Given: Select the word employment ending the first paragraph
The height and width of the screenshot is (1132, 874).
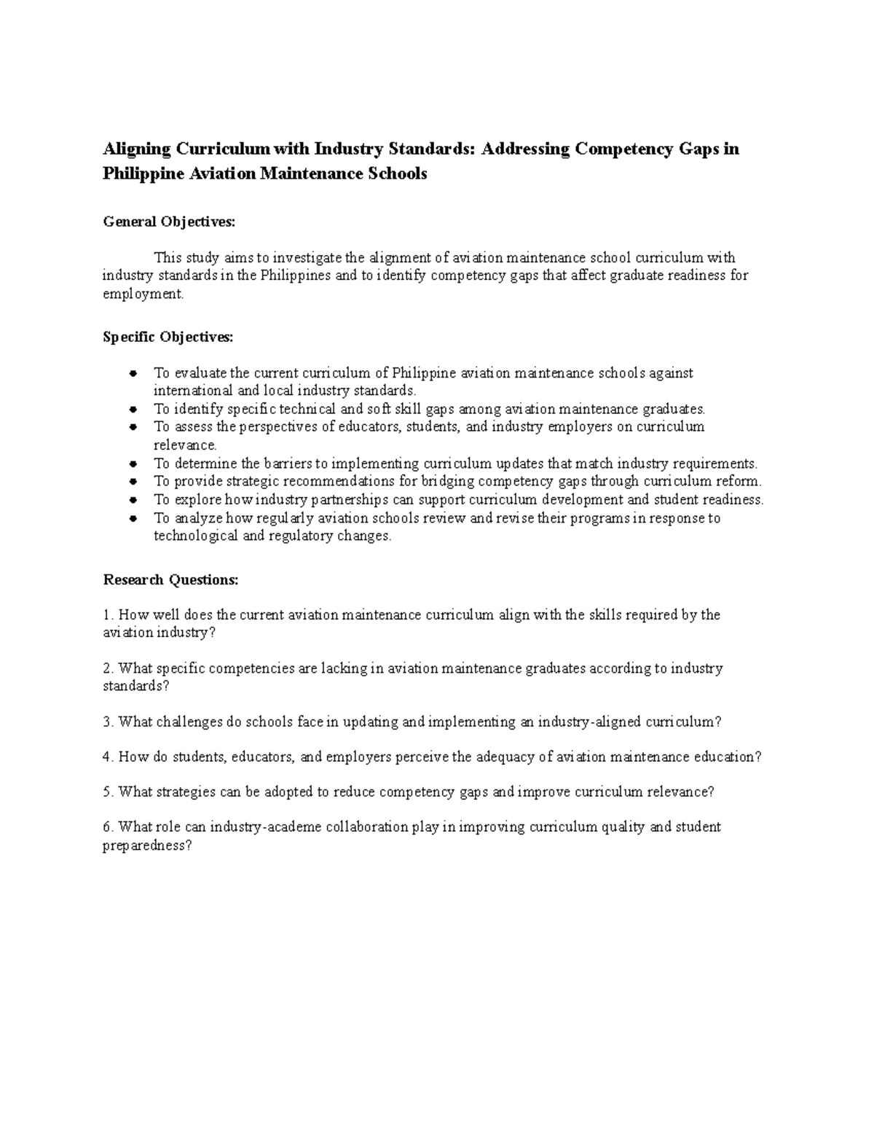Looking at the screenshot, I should pos(143,294).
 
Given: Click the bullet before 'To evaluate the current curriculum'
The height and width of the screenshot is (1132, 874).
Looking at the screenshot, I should pos(133,373).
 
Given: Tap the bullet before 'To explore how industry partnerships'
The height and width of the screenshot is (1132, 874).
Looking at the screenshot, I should pos(133,500).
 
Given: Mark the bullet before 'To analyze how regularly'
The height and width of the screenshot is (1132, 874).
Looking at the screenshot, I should pos(133,519).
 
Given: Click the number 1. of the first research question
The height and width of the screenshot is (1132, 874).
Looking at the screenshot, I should pos(109,615).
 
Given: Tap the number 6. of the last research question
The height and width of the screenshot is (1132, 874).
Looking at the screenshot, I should pos(109,827).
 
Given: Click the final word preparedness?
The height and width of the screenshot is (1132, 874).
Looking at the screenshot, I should pos(147,846).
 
